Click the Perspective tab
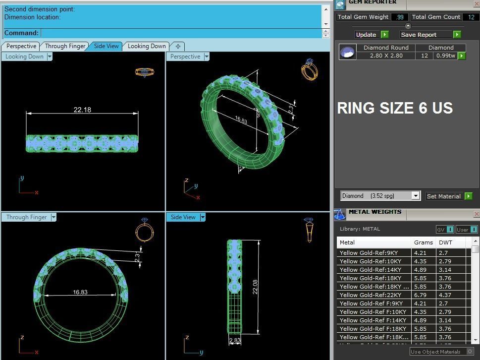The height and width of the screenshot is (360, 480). pyautogui.click(x=21, y=46)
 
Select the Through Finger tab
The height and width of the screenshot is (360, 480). pyautogui.click(x=65, y=46)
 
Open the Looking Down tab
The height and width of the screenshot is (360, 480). pyautogui.click(x=147, y=46)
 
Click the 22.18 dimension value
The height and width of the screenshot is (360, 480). pyautogui.click(x=82, y=110)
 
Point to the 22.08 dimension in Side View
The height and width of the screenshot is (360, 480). pyautogui.click(x=255, y=287)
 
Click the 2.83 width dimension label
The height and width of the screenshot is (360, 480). pyautogui.click(x=235, y=341)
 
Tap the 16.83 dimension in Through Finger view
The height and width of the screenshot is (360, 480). pyautogui.click(x=80, y=292)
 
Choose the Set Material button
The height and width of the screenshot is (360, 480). pyautogui.click(x=443, y=196)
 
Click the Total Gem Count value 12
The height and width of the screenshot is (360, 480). pyautogui.click(x=471, y=17)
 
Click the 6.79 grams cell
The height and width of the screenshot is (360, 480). pyautogui.click(x=420, y=295)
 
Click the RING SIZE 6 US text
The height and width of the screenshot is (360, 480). pyautogui.click(x=395, y=109)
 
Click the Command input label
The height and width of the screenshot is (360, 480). pyautogui.click(x=21, y=33)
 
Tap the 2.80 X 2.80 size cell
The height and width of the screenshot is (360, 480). pyautogui.click(x=386, y=56)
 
